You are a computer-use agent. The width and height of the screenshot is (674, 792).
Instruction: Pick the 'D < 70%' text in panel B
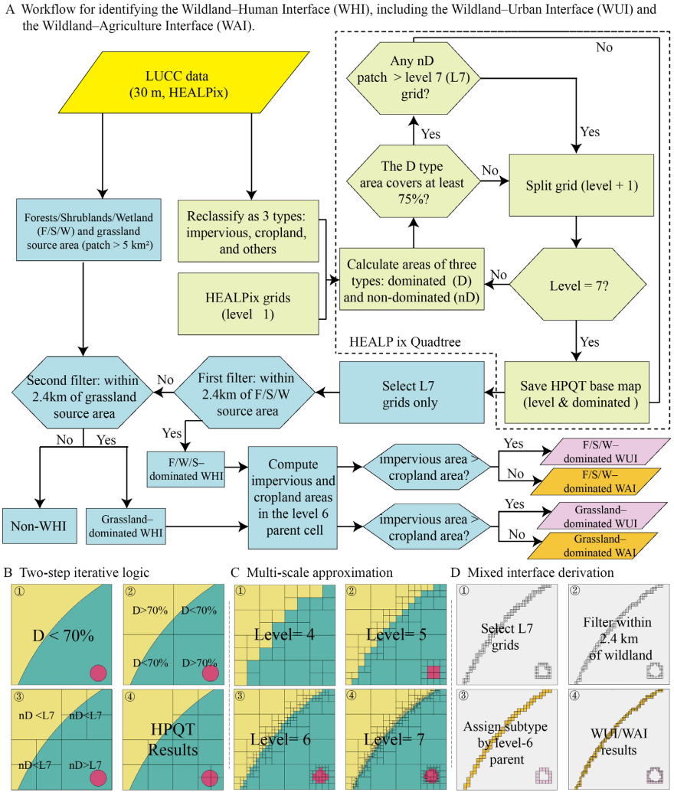(x=62, y=634)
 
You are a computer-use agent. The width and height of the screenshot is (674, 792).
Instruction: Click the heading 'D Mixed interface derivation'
(x=522, y=571)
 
